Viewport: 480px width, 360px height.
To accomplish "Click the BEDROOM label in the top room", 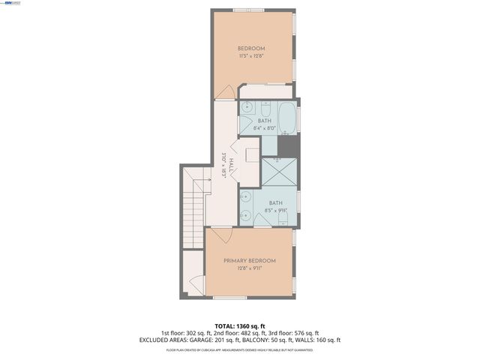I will [x=252, y=48].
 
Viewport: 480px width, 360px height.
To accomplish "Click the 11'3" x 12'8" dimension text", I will [x=252, y=56].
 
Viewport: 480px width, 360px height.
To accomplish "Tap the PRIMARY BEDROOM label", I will [x=249, y=260].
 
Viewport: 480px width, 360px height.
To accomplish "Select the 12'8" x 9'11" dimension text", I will [x=249, y=268].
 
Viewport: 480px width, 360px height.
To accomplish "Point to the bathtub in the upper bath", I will [x=287, y=116].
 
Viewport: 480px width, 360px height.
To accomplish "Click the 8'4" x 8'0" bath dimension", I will [x=265, y=129].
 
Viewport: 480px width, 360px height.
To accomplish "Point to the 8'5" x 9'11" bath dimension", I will [x=275, y=211].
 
